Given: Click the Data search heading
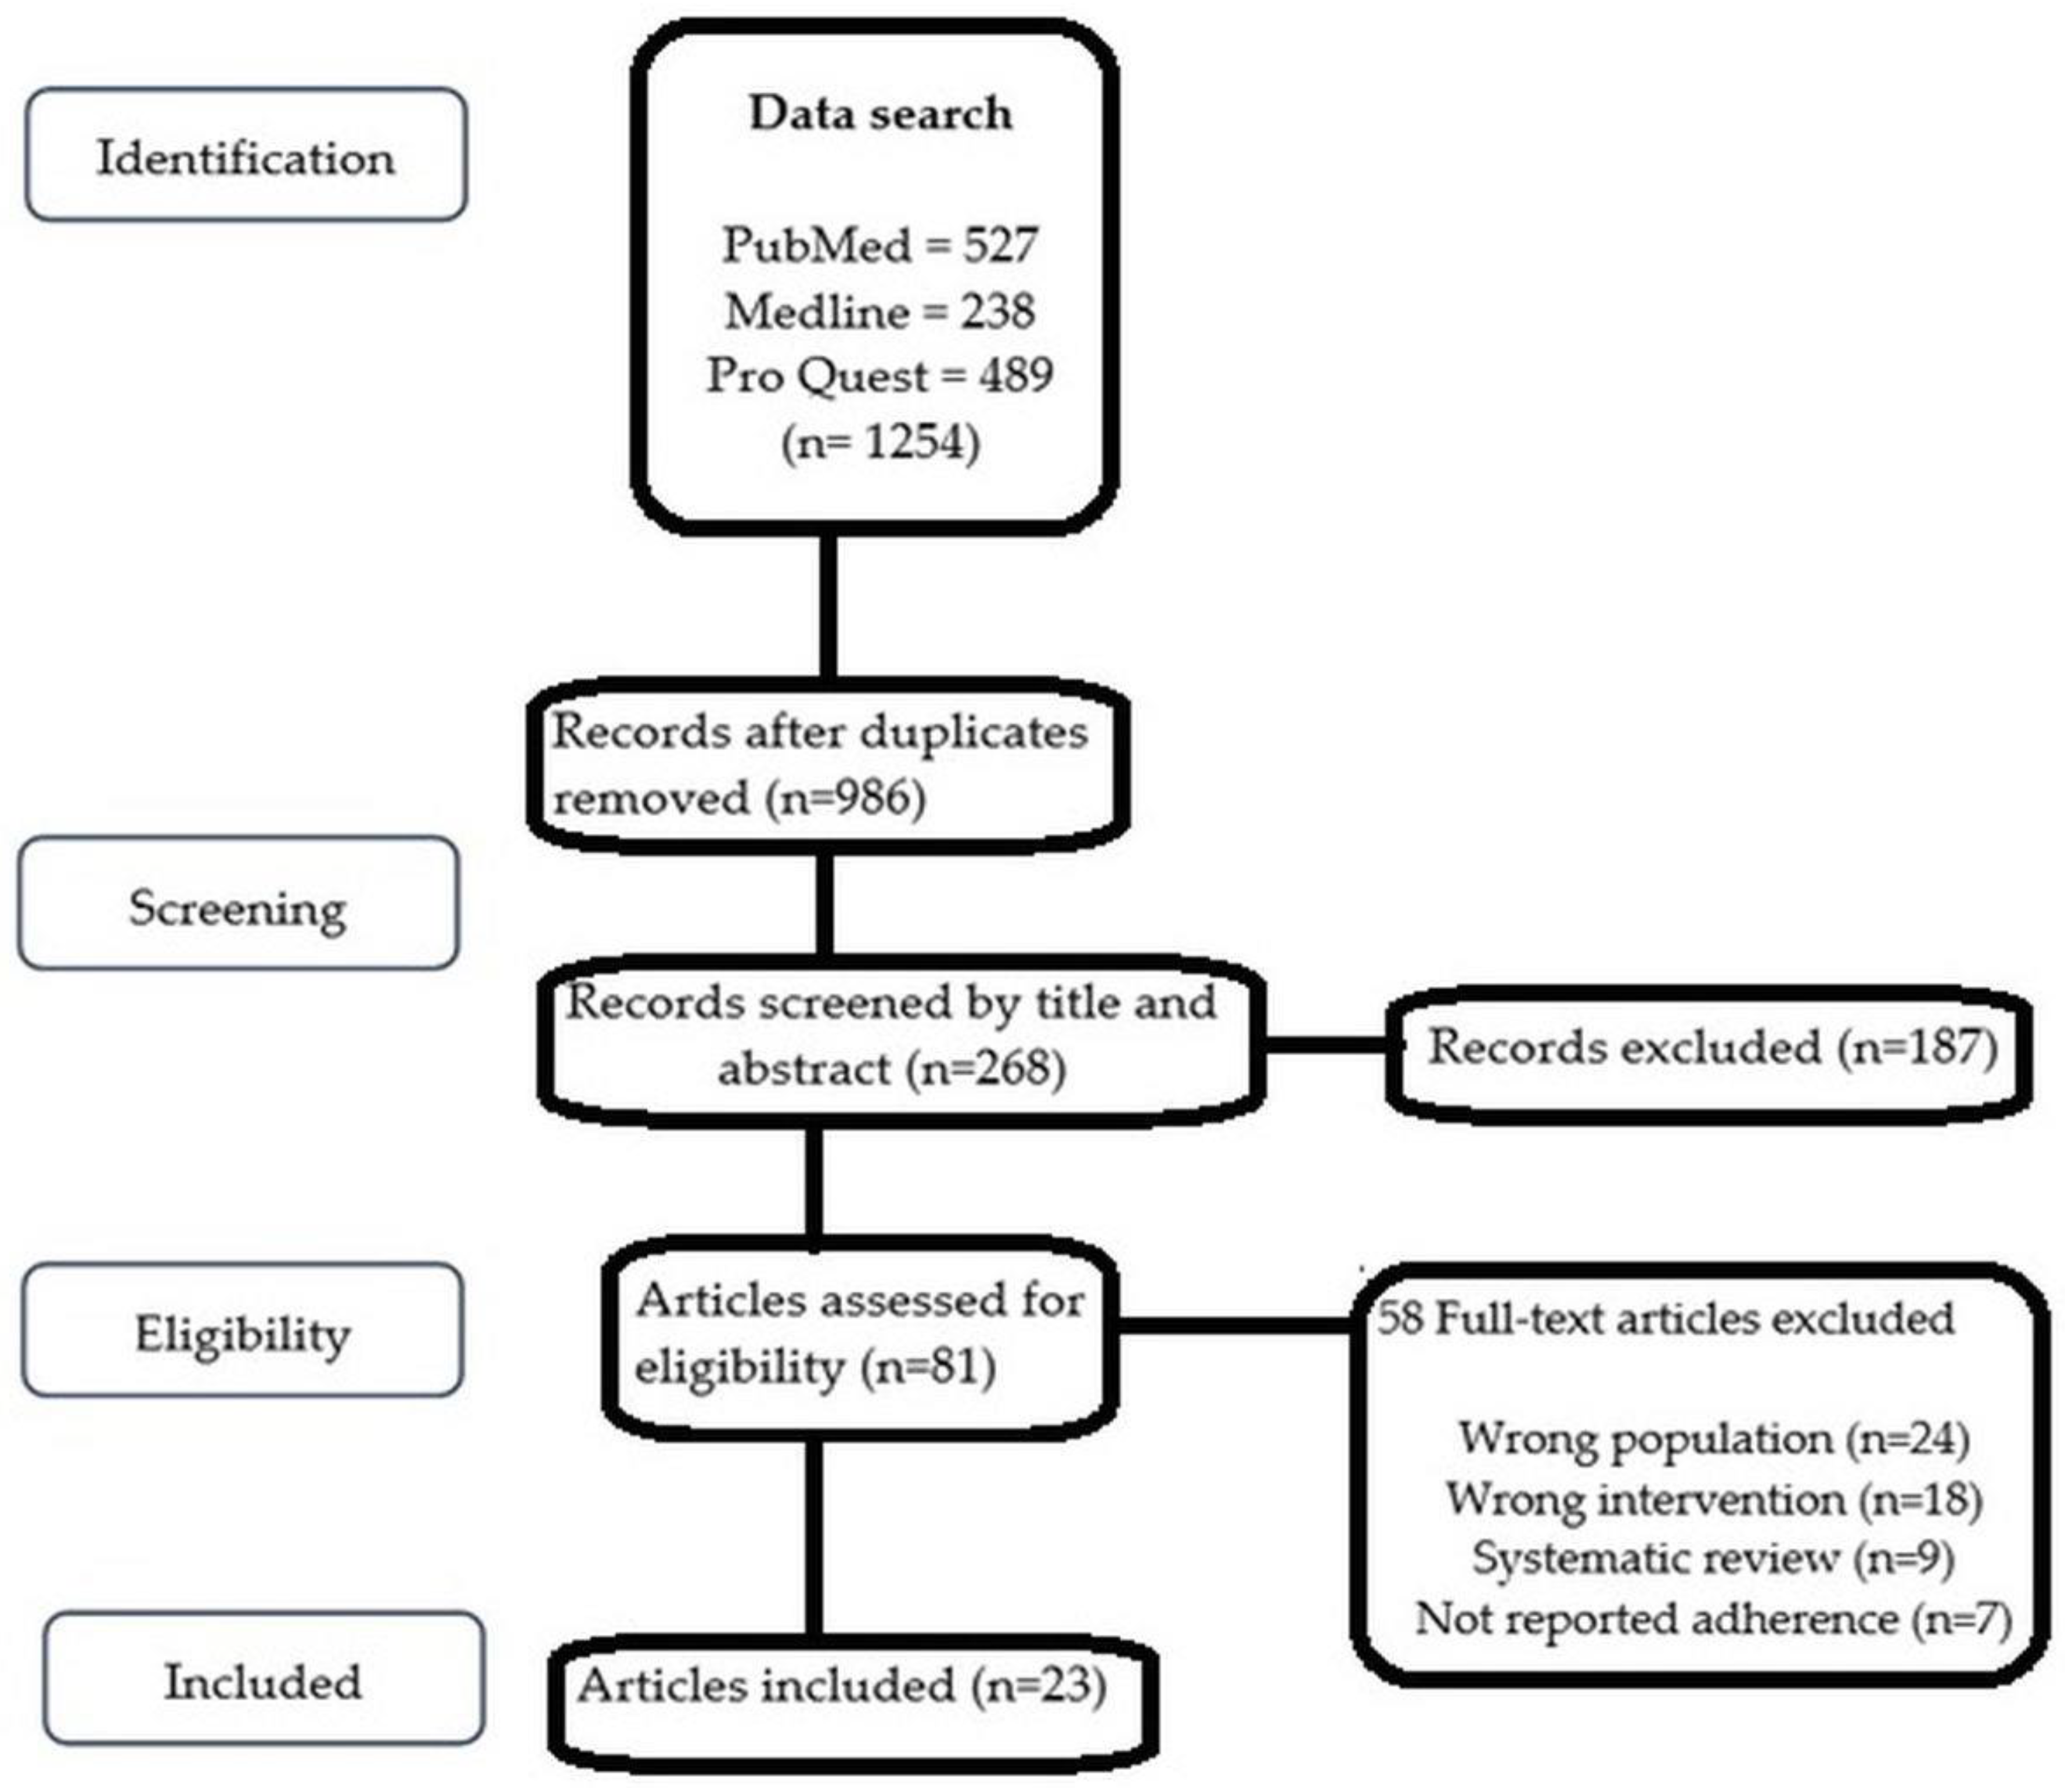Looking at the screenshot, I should (880, 113).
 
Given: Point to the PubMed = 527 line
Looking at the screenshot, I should (880, 244).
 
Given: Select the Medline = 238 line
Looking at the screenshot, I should (880, 311).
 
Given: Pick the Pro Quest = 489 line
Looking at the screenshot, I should (880, 376).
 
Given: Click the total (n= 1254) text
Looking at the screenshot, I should (880, 442).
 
